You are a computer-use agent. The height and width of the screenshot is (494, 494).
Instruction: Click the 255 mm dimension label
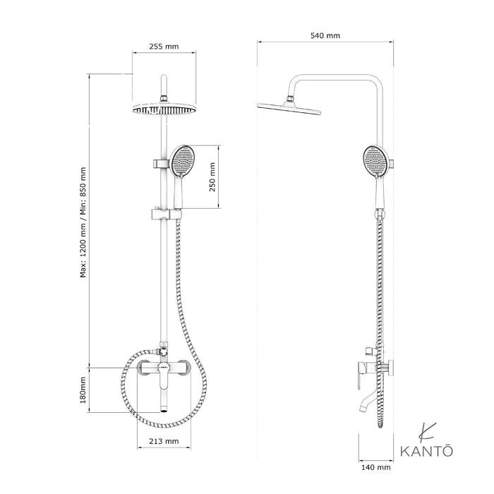[164, 47]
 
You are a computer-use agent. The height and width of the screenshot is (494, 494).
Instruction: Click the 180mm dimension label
[83, 390]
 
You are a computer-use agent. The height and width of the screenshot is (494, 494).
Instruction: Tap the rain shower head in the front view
[163, 109]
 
